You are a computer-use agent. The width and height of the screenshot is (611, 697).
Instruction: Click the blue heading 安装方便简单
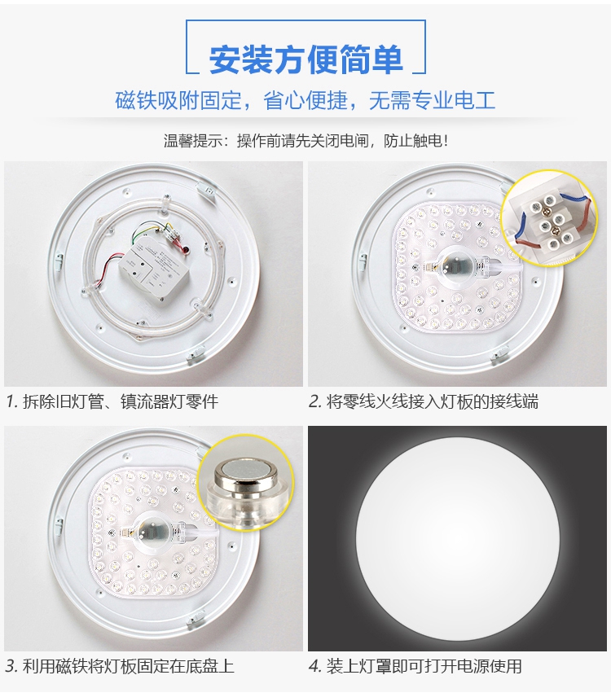click(306, 59)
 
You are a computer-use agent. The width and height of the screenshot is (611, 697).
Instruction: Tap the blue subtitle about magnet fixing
click(305, 100)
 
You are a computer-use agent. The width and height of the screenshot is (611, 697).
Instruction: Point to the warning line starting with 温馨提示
click(306, 141)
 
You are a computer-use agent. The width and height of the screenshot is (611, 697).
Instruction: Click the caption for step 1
click(112, 402)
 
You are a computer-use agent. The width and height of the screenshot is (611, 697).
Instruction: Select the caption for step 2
click(424, 402)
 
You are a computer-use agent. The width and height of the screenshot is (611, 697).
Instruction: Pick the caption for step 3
click(120, 666)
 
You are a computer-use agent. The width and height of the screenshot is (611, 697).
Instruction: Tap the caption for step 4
click(415, 666)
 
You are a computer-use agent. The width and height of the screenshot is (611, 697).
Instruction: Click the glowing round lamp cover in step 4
click(457, 539)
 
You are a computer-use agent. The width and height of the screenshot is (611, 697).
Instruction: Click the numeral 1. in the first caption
click(12, 402)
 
